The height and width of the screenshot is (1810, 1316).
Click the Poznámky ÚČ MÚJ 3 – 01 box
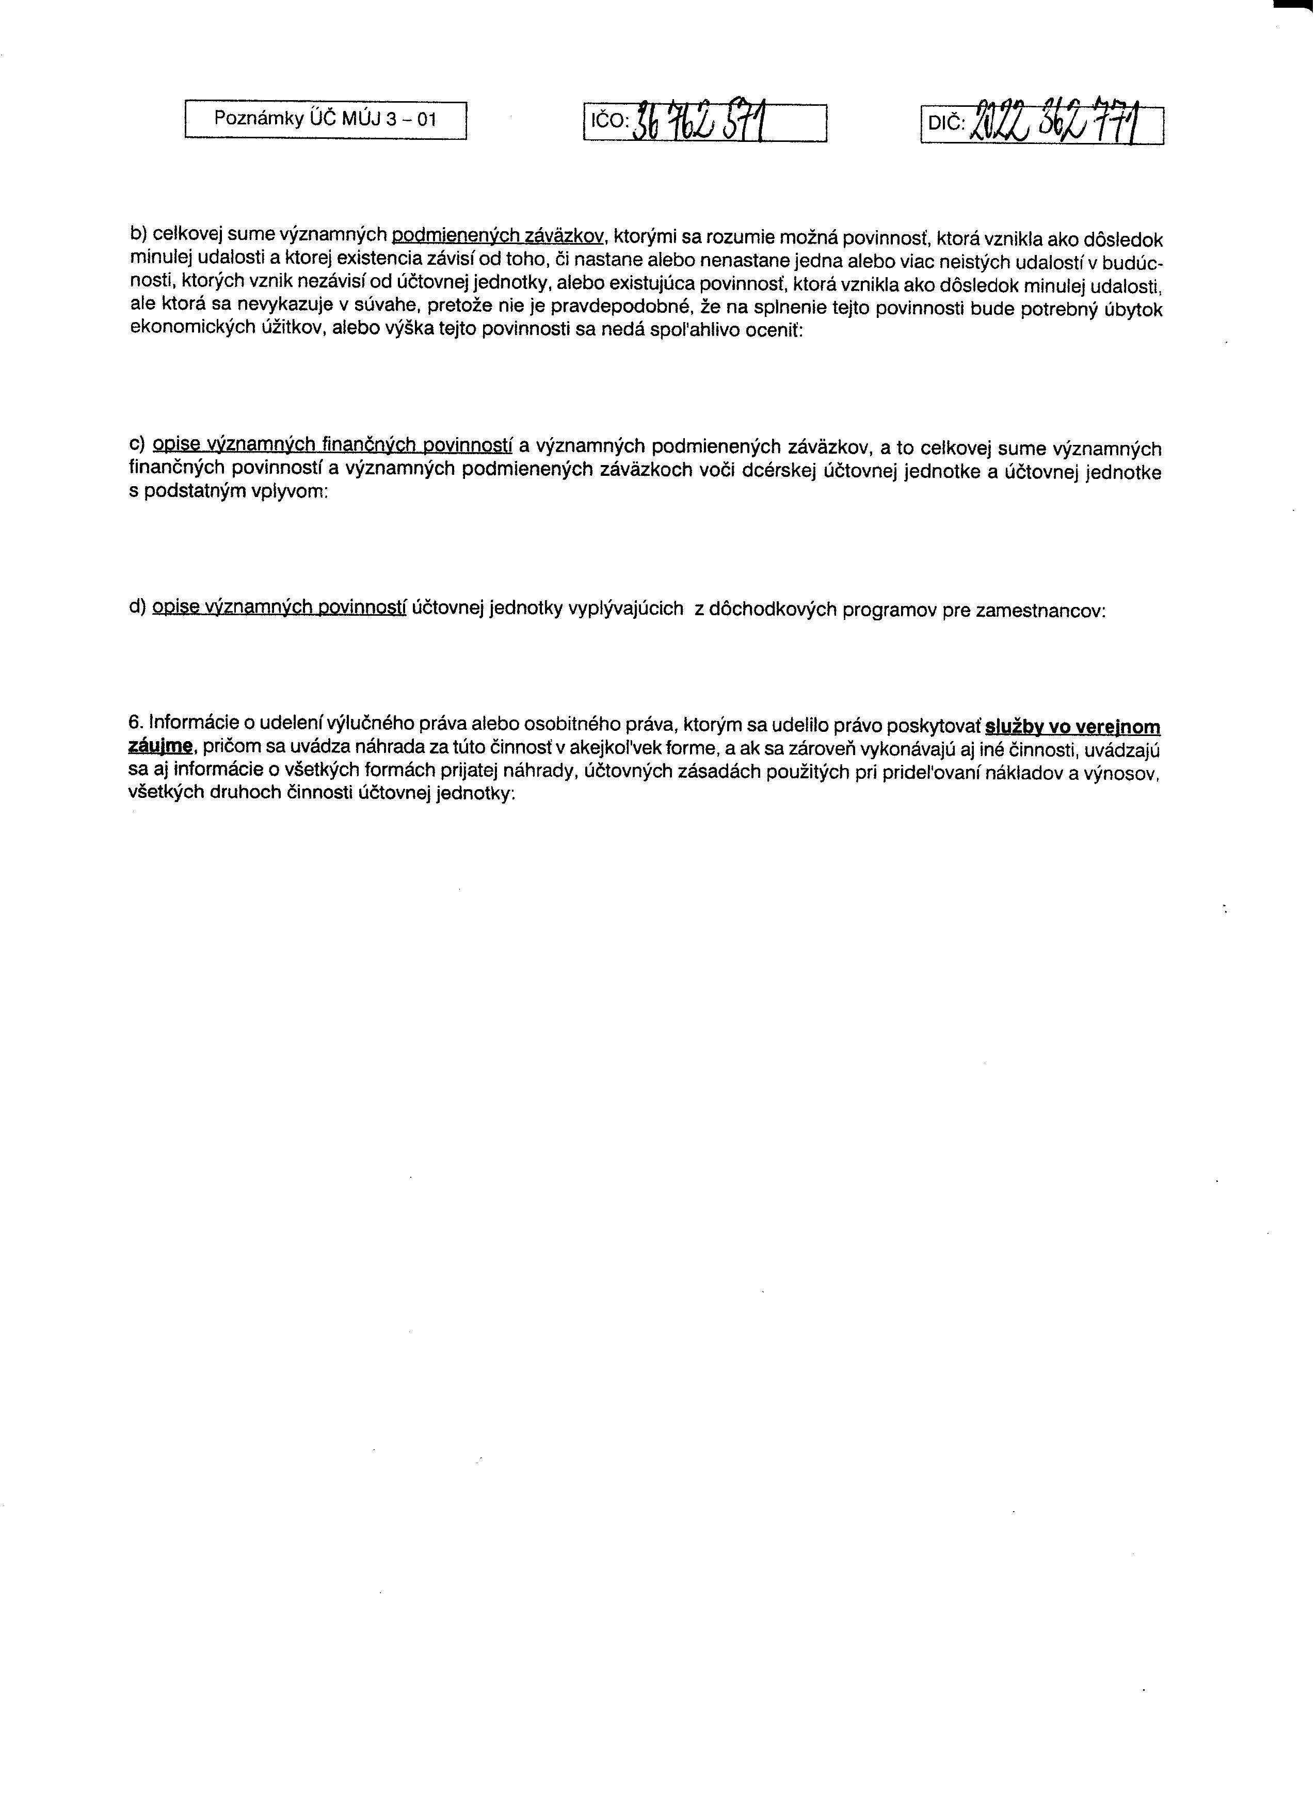click(x=326, y=120)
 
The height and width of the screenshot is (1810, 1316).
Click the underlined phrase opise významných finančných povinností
click(x=332, y=444)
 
